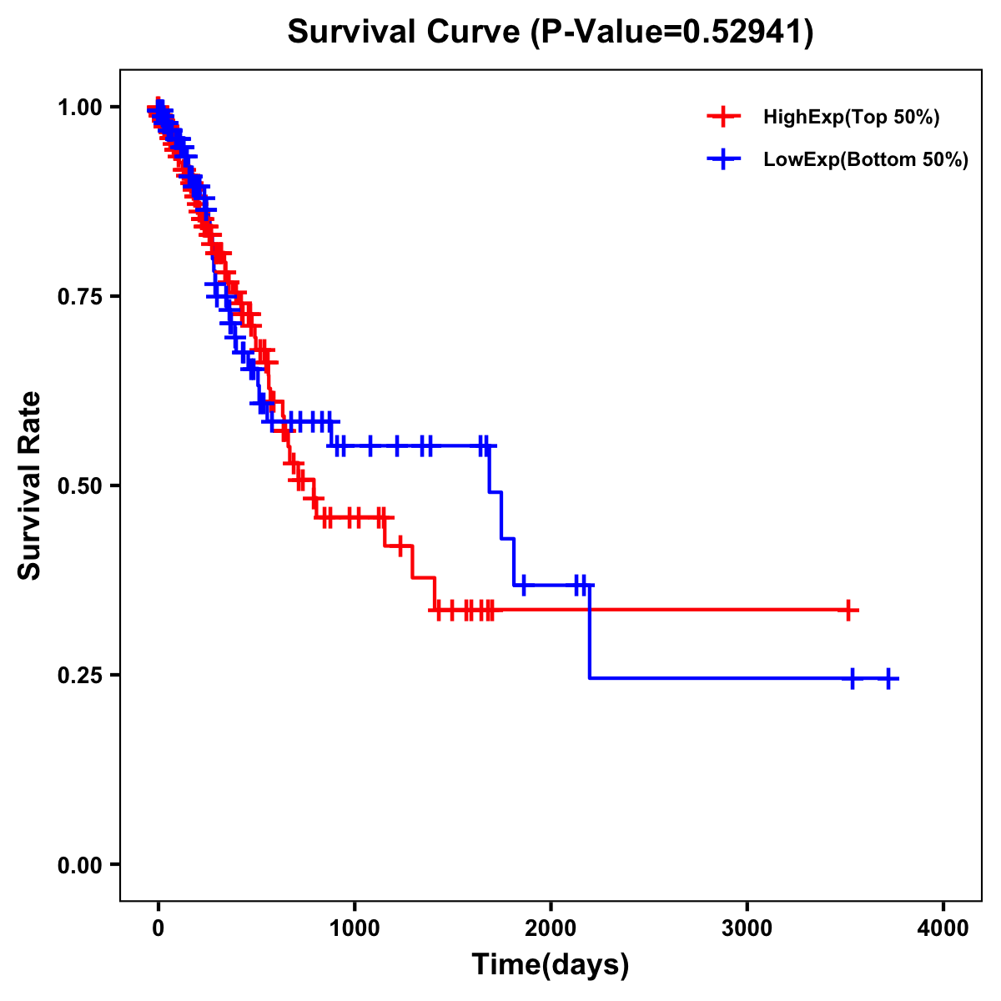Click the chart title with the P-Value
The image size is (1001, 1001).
tap(550, 32)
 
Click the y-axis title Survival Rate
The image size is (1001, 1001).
tap(30, 485)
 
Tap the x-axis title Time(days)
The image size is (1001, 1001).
tap(550, 965)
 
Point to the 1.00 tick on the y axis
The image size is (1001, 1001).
tap(78, 107)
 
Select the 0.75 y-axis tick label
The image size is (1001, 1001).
tap(78, 296)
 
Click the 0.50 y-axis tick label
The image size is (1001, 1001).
tap(78, 485)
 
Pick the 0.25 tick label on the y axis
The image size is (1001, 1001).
tap(78, 675)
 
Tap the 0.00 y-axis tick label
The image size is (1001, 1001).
tap(78, 864)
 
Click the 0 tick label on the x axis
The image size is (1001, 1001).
tap(158, 928)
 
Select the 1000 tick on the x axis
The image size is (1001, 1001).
tap(355, 928)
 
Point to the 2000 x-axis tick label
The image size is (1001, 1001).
tap(551, 928)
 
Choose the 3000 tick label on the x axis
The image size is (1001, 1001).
tap(747, 928)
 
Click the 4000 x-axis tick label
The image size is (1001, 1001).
tap(943, 928)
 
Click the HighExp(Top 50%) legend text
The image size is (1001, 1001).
tap(851, 118)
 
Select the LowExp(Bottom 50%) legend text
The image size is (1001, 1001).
tap(866, 160)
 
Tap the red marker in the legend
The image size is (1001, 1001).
tap(723, 117)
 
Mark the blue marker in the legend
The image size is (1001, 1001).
tap(723, 159)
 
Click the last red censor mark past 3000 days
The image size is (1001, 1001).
tap(848, 611)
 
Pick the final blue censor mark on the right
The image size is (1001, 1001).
tap(888, 679)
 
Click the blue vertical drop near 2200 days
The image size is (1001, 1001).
tap(589, 632)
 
